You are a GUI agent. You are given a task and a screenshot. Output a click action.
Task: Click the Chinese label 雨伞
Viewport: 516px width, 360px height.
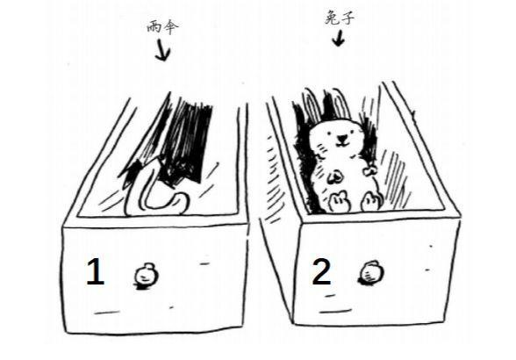[x=162, y=26]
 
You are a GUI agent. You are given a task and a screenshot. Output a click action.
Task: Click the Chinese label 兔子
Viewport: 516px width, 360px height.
[x=340, y=18]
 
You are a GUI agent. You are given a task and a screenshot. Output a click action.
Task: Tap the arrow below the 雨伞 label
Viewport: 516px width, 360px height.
[x=162, y=50]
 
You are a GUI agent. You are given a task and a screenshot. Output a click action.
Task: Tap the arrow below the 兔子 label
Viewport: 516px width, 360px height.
[x=338, y=38]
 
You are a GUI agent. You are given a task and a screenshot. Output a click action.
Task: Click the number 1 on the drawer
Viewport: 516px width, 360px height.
[x=95, y=271]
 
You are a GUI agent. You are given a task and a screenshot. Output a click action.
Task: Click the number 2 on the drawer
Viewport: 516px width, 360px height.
[x=321, y=271]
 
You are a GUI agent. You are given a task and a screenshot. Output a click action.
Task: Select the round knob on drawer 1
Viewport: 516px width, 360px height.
[x=147, y=276]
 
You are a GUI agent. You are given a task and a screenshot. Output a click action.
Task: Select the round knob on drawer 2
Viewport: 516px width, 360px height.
[x=371, y=273]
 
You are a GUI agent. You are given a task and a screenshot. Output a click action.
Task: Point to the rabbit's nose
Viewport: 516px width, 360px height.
[x=341, y=137]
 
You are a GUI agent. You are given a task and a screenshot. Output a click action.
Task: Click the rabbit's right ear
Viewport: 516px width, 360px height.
[x=339, y=103]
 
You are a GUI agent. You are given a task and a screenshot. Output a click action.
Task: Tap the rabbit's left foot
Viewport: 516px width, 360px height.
[x=339, y=202]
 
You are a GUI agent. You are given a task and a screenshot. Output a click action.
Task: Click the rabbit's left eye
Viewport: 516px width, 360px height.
[x=329, y=133]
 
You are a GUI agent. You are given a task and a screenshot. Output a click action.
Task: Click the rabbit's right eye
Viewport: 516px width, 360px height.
[x=353, y=132]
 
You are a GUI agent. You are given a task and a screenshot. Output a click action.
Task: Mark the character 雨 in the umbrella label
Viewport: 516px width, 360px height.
[x=154, y=27]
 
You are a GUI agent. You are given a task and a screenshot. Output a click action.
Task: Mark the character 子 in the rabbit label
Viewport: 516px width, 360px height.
[x=348, y=18]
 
